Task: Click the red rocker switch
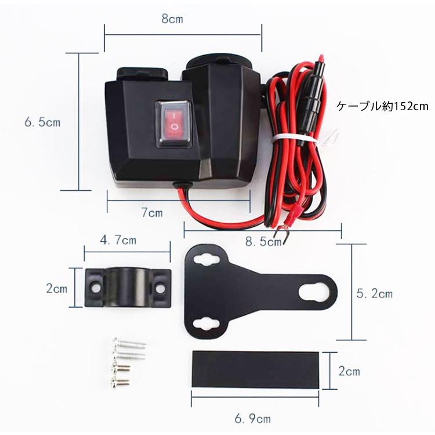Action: [x=174, y=124]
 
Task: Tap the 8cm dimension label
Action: [x=172, y=19]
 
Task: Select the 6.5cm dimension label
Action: [x=42, y=122]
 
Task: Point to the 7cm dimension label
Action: [x=152, y=212]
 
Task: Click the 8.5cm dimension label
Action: [x=263, y=242]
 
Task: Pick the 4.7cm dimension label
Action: [x=118, y=240]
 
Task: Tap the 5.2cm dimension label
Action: [x=375, y=293]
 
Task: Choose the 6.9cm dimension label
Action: [x=252, y=419]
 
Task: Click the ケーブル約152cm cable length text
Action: [x=383, y=106]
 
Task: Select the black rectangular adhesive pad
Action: [x=256, y=369]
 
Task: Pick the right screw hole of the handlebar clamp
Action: [x=159, y=288]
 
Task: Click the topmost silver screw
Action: [x=130, y=343]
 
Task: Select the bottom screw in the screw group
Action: [x=120, y=382]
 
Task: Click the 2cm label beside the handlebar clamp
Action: [x=57, y=288]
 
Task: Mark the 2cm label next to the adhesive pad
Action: [x=349, y=371]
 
